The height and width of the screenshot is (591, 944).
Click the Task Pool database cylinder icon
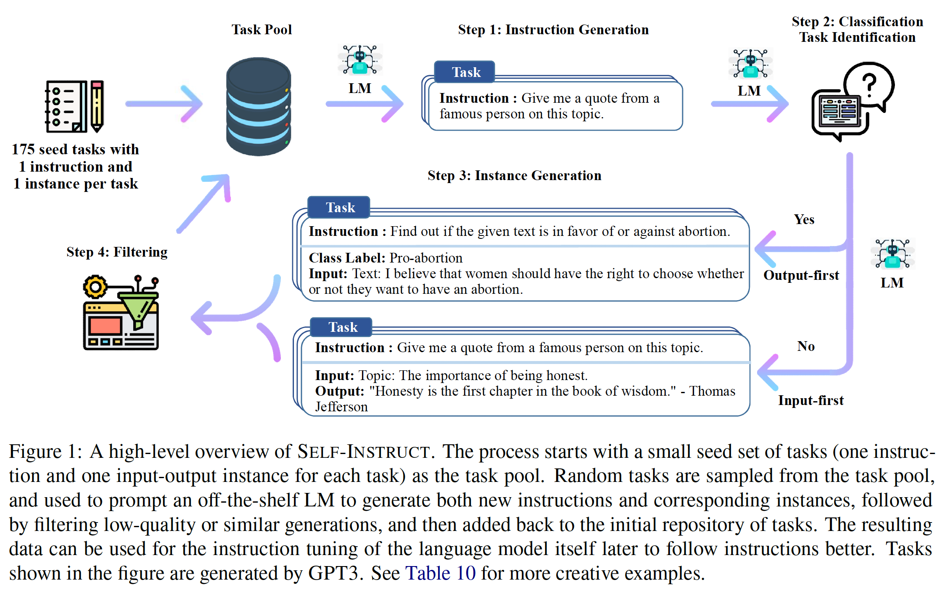pos(258,107)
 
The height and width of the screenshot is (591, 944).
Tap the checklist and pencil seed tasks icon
pos(75,107)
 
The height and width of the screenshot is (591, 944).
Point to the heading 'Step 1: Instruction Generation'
pos(553,30)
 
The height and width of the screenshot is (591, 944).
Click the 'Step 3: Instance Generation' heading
pos(514,175)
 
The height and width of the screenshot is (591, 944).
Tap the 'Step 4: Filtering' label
pos(117,252)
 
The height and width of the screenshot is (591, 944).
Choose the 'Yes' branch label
pos(804,219)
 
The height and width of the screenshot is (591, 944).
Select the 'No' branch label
pos(806,346)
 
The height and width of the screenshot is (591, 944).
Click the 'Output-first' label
pos(801,275)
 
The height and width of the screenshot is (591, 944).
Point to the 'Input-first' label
pos(811,400)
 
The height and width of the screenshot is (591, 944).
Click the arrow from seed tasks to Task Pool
pos(164,104)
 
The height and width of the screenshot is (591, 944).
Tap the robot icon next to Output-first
pos(892,254)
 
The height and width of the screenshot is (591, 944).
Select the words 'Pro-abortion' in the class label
pos(426,258)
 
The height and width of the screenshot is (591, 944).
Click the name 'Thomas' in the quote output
pos(712,391)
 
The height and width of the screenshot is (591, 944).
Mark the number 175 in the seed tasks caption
pos(23,149)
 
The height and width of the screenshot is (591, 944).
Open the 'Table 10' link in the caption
pos(440,573)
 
